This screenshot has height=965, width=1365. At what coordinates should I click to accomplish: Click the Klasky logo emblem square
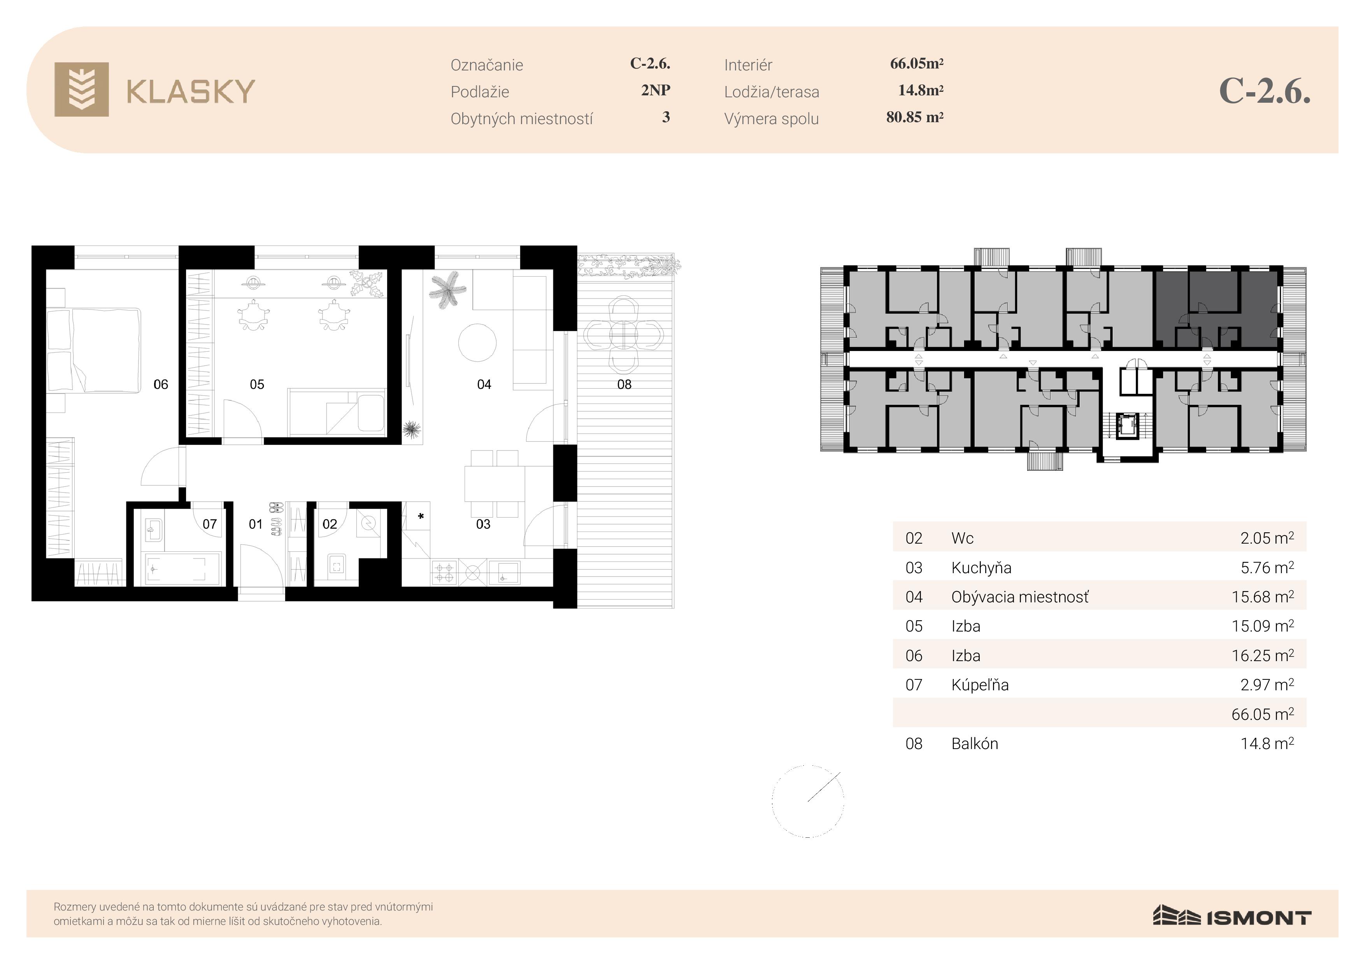coord(81,89)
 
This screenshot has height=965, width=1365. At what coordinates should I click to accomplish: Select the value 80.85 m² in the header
coord(914,117)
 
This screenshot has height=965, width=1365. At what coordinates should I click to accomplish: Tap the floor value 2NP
coord(655,90)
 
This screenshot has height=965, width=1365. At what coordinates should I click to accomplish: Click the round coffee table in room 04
coord(477,342)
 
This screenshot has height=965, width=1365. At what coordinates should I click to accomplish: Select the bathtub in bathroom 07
coord(183,568)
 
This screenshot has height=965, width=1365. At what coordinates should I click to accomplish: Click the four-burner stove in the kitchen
coord(444,572)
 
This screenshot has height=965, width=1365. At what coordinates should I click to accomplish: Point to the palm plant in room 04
coord(447,289)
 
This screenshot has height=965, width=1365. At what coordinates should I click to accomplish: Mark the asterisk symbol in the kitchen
coord(421,516)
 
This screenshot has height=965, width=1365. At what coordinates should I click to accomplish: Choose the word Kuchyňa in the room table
coord(981,568)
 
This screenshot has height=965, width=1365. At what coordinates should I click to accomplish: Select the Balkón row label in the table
coord(974,744)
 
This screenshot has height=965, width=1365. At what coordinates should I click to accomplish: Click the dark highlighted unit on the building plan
coord(1216,309)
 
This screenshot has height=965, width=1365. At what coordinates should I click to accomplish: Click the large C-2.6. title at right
coord(1265,91)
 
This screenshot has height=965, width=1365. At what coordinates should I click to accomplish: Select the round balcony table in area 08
coord(623,335)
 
